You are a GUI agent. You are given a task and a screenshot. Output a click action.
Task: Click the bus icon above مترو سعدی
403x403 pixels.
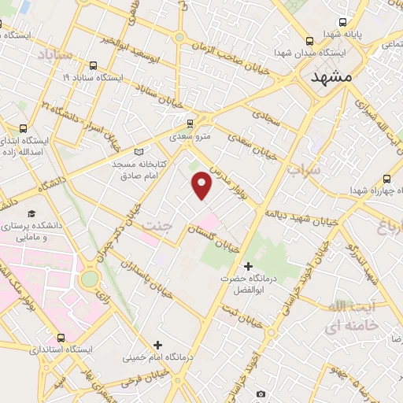pos(189,123)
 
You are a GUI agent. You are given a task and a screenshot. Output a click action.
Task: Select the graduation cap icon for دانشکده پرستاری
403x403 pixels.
pos(32,213)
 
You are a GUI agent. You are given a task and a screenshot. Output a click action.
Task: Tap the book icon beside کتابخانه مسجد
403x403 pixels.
pos(139,151)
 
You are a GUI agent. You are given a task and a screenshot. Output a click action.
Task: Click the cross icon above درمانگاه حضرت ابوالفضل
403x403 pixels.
pos(249,266)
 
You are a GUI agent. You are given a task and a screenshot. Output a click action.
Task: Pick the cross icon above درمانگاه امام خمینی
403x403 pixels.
pos(158,345)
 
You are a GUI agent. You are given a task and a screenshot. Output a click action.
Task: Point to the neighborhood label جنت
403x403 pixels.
pos(155,226)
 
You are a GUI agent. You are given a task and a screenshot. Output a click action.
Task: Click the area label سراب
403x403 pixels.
pos(303,169)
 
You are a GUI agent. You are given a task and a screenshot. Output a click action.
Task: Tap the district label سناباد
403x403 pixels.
pos(54,54)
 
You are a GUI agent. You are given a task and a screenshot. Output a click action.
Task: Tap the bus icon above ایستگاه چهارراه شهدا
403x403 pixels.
pos(386,179)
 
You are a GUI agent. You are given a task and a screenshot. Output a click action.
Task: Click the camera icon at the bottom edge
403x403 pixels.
pos(261,394)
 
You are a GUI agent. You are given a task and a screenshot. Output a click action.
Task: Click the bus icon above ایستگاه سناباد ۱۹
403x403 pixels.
pos(94,65)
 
